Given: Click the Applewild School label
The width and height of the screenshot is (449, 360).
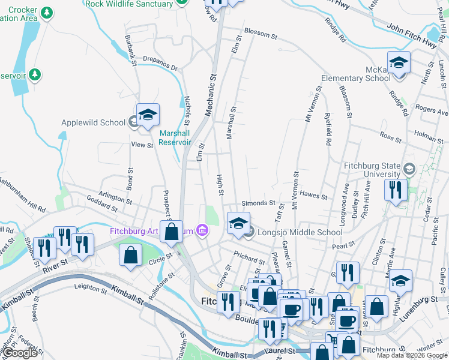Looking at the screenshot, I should coord(93,123).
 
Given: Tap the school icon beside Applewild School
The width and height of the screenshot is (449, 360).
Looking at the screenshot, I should coord(148,116).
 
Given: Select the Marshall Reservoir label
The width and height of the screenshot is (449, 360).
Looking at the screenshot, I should coord(175,137).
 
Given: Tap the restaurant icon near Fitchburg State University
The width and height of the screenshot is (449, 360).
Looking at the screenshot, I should coord(396,190).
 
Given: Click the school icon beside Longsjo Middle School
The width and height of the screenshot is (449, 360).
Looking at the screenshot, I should coord(238,224).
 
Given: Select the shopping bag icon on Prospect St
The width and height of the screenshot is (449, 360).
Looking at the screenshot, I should coord(172,232).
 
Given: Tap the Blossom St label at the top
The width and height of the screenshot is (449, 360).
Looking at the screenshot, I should coord(260,35).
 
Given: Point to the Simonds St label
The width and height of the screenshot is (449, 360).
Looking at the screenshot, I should coord(258,203).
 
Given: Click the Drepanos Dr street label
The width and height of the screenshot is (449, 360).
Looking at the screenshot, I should coord(160,63).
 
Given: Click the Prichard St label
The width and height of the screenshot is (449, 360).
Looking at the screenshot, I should coord(249,257).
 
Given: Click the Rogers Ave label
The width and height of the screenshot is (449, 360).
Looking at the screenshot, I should coord(432,111).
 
